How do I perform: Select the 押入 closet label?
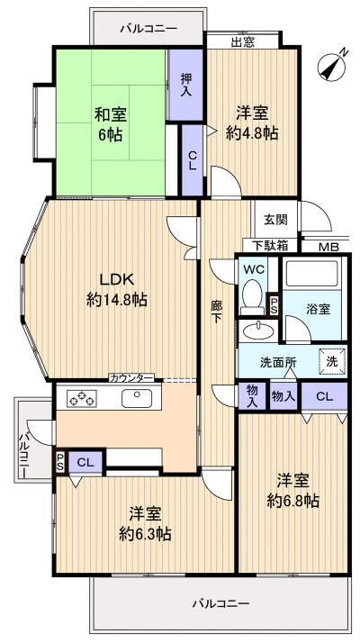click(x=186, y=85)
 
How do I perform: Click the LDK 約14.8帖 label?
click(x=117, y=288)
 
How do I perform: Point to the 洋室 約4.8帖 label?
click(x=253, y=124)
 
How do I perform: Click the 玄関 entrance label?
click(x=276, y=220)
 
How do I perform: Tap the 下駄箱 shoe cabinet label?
click(x=270, y=245)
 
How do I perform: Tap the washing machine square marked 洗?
click(x=330, y=360)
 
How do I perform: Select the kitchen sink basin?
click(x=138, y=397)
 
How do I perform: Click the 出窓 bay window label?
click(x=243, y=41)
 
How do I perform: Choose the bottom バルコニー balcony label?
click(x=220, y=602)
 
